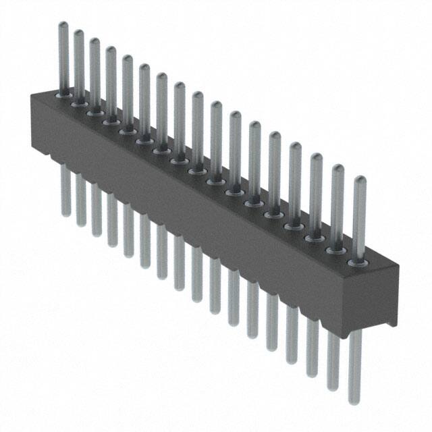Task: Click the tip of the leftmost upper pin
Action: (62, 25)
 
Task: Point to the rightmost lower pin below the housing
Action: (355, 364)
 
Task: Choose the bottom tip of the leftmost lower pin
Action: (66, 215)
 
